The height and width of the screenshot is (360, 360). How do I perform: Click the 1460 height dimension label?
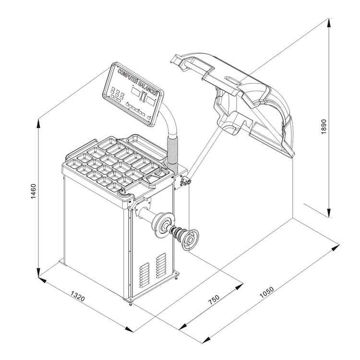coord(34,191)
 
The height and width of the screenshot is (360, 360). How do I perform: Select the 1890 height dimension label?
coord(324,127)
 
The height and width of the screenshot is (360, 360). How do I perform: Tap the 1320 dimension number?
coord(78,296)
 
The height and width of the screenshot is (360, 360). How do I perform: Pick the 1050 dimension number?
coord(266,292)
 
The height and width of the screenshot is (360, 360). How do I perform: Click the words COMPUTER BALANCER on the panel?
coord(138,82)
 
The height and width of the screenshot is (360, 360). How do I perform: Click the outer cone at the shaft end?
coord(190,240)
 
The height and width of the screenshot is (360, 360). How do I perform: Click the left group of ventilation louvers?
coord(144,276)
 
